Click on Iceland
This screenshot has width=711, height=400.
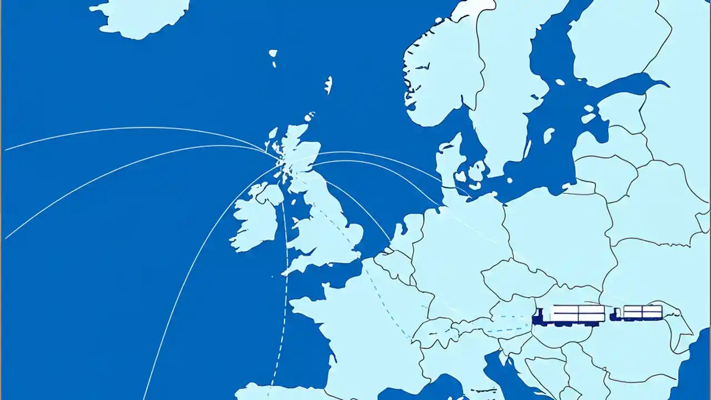(142, 17)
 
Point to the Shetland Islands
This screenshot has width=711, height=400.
(328, 84)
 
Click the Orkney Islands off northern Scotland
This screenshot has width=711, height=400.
(309, 117)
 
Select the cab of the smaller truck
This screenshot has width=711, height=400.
(615, 315)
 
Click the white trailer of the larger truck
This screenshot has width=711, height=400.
(578, 313)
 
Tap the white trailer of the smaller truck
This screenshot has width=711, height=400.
(643, 312)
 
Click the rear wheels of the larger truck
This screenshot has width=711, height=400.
(592, 323)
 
